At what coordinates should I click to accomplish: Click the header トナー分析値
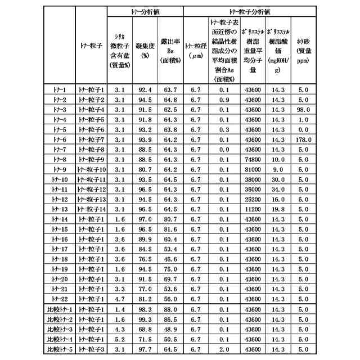point(145,11)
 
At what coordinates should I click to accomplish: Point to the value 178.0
point(303,139)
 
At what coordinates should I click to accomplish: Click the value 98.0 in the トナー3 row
point(303,109)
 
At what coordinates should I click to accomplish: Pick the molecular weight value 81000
point(253,169)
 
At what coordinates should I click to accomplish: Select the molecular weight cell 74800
point(253,159)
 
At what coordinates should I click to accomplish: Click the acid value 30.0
point(278,179)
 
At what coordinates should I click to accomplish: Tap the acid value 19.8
point(278,209)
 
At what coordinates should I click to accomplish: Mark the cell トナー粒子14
point(92,209)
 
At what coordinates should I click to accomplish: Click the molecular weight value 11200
point(253,209)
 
